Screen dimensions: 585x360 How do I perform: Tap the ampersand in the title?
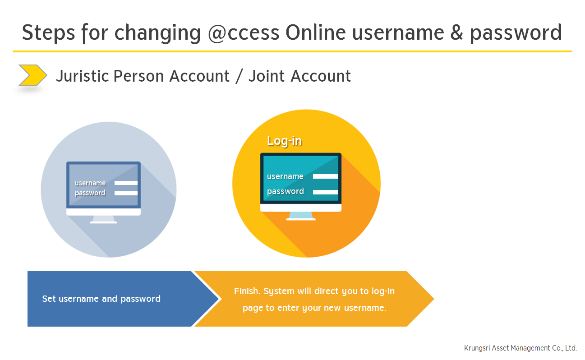[456, 32]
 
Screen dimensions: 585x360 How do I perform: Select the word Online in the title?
[316, 32]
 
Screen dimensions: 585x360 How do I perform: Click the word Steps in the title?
[49, 32]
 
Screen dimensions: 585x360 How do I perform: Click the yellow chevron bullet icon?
[32, 75]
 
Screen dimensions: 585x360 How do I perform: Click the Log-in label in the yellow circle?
[285, 141]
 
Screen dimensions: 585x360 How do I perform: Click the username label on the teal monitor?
[285, 176]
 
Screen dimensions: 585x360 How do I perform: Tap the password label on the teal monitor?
[286, 191]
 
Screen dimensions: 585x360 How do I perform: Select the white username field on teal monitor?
[325, 176]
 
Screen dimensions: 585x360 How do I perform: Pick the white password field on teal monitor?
[325, 192]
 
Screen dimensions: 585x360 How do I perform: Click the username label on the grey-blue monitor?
[90, 183]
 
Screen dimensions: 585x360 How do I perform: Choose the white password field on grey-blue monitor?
[126, 194]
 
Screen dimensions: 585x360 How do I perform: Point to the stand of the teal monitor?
[301, 216]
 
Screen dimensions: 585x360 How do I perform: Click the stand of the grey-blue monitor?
[103, 219]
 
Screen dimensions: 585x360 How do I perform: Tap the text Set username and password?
[101, 299]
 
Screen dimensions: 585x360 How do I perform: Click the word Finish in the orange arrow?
[247, 291]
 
